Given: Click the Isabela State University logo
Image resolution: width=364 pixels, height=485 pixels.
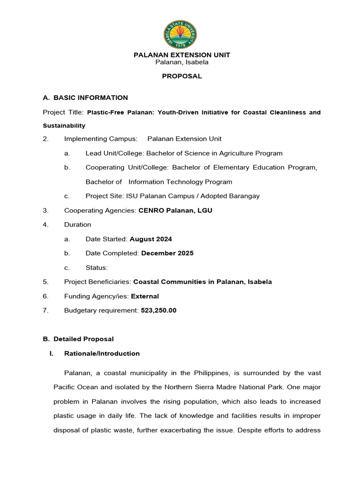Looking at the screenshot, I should (180, 35).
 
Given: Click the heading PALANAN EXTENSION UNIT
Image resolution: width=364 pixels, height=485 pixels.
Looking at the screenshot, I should (182, 55).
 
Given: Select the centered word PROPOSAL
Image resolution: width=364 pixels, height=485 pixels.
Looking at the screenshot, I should (182, 76).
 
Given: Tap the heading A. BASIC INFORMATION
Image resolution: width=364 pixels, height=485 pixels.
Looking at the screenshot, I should (85, 98).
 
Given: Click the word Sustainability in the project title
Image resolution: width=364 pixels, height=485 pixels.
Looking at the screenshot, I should (64, 126).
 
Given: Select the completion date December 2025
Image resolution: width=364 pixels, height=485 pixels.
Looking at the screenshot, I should (167, 253).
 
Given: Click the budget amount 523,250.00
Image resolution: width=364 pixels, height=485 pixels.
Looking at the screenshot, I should (159, 310).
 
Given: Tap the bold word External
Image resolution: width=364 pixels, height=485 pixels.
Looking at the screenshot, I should (145, 296).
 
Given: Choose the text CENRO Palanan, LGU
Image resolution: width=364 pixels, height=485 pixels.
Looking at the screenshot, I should (175, 210).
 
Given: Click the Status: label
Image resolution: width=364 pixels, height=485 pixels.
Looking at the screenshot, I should (97, 268).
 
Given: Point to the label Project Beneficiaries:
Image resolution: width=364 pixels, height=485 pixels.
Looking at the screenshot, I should (98, 282).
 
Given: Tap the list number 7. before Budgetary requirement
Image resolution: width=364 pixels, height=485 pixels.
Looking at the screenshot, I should (45, 310).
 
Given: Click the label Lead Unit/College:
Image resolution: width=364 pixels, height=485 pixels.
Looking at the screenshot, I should (115, 153).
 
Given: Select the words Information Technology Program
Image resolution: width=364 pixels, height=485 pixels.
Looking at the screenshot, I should (180, 182).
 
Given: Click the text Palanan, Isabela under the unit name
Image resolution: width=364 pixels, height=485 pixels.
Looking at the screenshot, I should (182, 62).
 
